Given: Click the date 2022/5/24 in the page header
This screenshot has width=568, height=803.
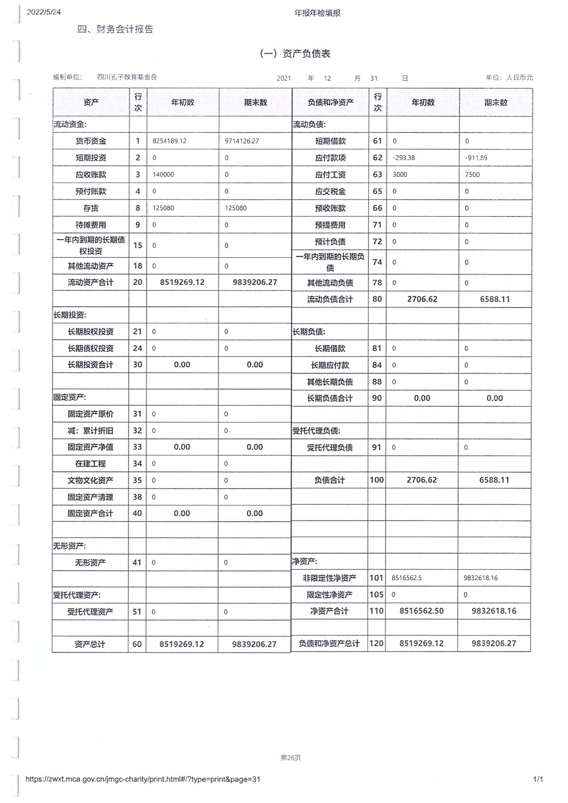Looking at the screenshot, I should pyautogui.click(x=44, y=12).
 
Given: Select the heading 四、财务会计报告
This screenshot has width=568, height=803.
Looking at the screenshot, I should pyautogui.click(x=115, y=29).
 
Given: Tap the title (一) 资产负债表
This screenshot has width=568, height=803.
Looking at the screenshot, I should pyautogui.click(x=295, y=54).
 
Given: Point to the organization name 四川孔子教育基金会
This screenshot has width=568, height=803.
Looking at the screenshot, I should pyautogui.click(x=127, y=77).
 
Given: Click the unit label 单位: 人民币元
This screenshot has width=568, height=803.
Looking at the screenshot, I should pyautogui.click(x=509, y=78).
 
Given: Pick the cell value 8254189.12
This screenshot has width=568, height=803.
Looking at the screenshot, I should pyautogui.click(x=170, y=141).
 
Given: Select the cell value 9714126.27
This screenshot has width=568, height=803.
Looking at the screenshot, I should pyautogui.click(x=242, y=141).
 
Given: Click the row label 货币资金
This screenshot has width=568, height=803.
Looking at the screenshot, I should pyautogui.click(x=91, y=141).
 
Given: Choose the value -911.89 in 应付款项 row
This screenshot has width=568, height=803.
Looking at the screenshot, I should pyautogui.click(x=476, y=158).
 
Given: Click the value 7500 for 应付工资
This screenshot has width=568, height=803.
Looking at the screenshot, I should pyautogui.click(x=472, y=175).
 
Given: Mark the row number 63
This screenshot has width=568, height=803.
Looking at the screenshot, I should pyautogui.click(x=377, y=175).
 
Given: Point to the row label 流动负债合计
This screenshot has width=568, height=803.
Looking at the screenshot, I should pyautogui.click(x=330, y=299).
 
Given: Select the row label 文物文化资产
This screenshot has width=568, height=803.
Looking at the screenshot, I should pyautogui.click(x=90, y=480).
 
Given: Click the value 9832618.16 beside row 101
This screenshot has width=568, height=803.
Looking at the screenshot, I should pyautogui.click(x=480, y=578).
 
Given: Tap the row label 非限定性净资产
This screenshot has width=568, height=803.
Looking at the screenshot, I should pyautogui.click(x=329, y=578).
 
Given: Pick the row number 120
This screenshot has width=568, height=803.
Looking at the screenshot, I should pyautogui.click(x=377, y=643).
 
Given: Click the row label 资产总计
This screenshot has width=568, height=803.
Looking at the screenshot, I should pyautogui.click(x=90, y=644).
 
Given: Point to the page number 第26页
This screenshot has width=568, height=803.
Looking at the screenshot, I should pyautogui.click(x=291, y=758).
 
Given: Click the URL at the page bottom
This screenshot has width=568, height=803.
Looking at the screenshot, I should pyautogui.click(x=143, y=779).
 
